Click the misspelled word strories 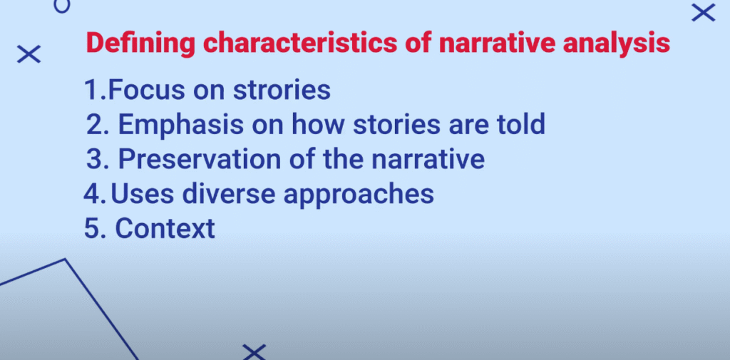282,90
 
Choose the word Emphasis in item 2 180,125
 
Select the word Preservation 200,159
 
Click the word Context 165,229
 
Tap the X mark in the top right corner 703,13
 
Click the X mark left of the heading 29,54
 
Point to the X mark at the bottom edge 255,352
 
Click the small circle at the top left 62,6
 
